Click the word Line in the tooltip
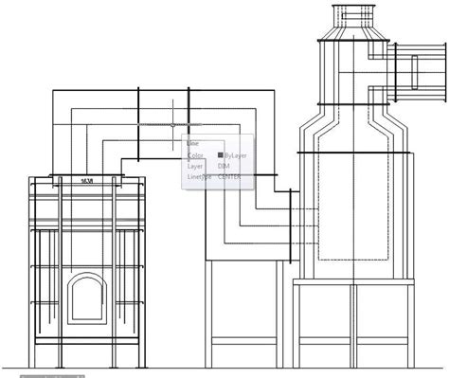pos(193,143)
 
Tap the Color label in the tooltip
pos(195,154)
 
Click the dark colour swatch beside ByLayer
pos(221,154)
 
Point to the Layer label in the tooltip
pos(195,165)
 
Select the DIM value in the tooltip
pos(224,165)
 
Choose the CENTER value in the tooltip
pos(230,175)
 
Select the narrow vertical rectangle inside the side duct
pos(414,73)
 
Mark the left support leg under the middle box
pos(210,308)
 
